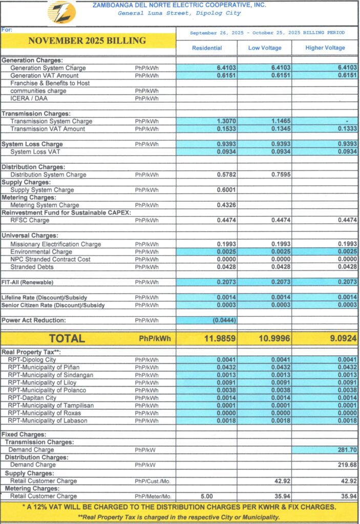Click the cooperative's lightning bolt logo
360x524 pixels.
[61, 12]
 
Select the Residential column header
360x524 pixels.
[207, 48]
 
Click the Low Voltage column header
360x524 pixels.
[264, 48]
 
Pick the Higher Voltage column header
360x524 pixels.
[325, 48]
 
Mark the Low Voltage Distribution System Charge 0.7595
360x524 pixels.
[279, 174]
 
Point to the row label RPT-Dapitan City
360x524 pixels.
[32, 398]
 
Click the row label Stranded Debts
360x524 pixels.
[31, 267]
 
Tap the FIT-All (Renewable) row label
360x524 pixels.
[27, 282]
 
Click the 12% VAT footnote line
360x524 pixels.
[179, 507]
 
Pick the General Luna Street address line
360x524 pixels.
[179, 13]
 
